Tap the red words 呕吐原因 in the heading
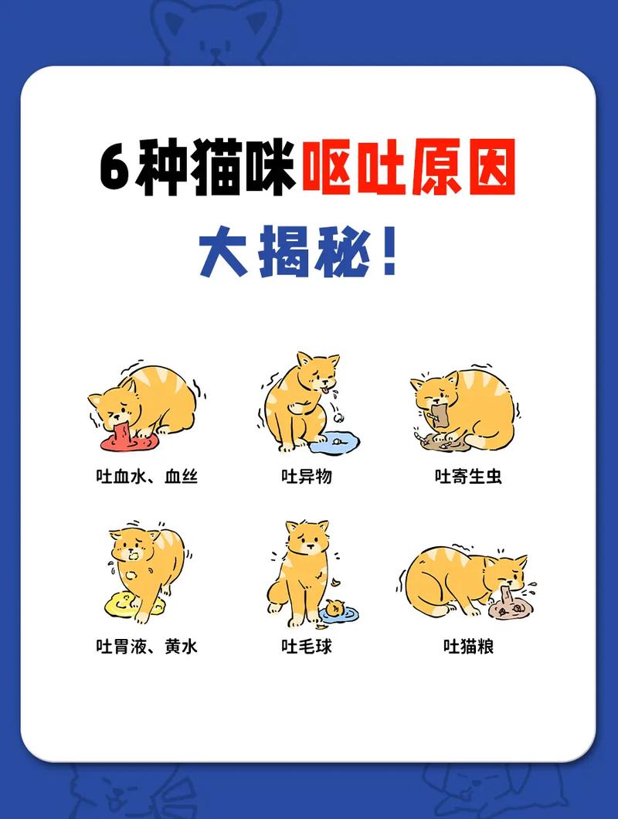(x=408, y=168)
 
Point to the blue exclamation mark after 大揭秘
(x=389, y=252)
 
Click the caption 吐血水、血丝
(x=147, y=476)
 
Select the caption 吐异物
(x=307, y=476)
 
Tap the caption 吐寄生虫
(x=468, y=476)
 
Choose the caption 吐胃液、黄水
(x=147, y=646)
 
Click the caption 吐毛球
(x=307, y=646)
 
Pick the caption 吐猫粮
(x=468, y=646)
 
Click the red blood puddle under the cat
(x=127, y=441)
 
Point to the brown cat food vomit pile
(x=508, y=607)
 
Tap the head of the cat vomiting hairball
(x=307, y=537)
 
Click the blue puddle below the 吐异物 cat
(x=334, y=443)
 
